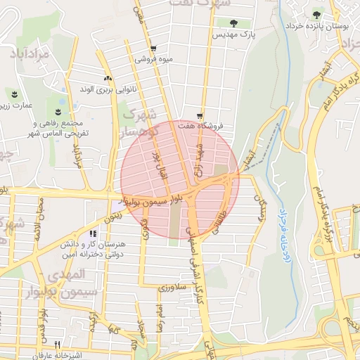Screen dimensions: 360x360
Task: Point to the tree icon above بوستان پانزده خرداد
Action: point(316,14)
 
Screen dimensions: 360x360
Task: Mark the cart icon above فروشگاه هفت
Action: point(200,115)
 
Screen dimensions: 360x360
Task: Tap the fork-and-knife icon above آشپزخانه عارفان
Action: point(58,345)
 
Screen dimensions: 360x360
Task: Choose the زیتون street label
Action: point(112,218)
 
